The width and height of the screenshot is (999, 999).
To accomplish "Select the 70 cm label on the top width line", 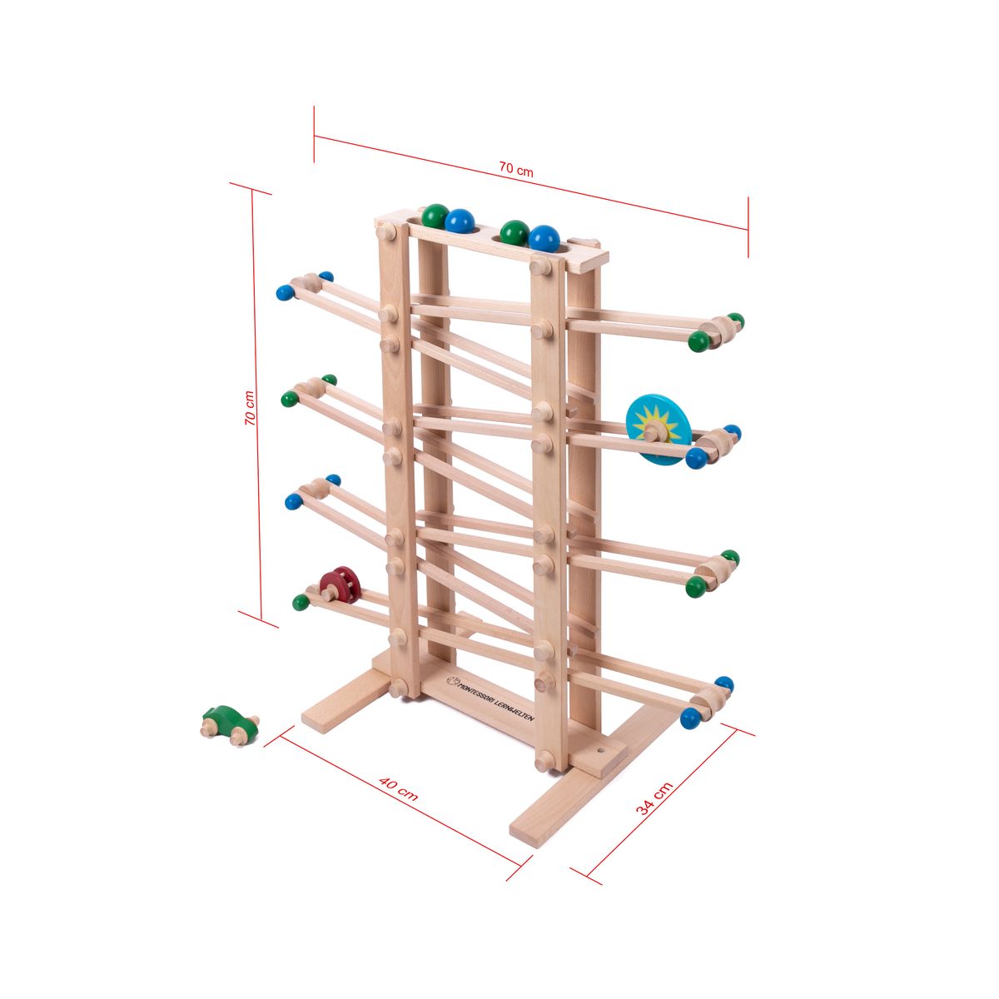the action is point(516,169).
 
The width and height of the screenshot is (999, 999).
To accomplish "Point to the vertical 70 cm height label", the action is point(250,408).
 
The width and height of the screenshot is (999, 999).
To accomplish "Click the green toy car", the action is point(229,725).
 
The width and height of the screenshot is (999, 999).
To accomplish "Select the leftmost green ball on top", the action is point(435,216).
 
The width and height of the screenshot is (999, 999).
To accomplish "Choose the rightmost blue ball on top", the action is point(544,239).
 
